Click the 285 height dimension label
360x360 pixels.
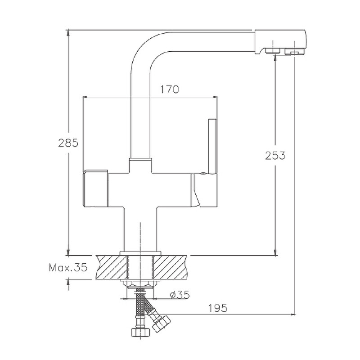tap(68, 143)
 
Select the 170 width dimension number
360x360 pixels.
tap(169, 89)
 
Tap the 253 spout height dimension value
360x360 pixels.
tap(275, 155)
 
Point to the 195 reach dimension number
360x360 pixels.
tap(218, 308)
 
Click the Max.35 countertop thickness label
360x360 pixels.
tap(68, 267)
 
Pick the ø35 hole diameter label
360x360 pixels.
tap(180, 295)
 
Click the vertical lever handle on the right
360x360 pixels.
tap(213, 147)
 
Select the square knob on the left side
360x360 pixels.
tap(95, 188)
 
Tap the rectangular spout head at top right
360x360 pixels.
tap(280, 42)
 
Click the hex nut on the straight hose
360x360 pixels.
tap(140, 332)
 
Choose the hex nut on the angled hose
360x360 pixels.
tap(162, 323)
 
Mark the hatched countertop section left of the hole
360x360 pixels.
tap(112, 267)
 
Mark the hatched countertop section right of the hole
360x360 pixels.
tap(171, 267)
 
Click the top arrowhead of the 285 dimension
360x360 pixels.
tap(68, 33)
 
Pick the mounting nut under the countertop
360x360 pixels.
tap(140, 283)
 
